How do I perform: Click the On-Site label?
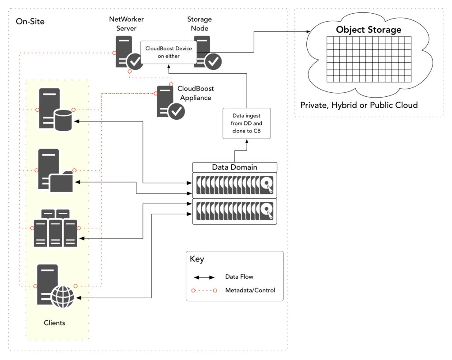(x=30, y=22)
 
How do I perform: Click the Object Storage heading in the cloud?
(x=368, y=30)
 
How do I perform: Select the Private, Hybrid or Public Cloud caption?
(x=358, y=105)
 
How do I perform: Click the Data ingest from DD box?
(x=246, y=123)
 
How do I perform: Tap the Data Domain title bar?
(x=234, y=167)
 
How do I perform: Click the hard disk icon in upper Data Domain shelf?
(x=267, y=186)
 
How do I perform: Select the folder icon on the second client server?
(x=61, y=182)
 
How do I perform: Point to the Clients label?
(x=54, y=323)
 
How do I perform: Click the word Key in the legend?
(x=197, y=259)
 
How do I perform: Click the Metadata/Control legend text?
(x=250, y=290)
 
